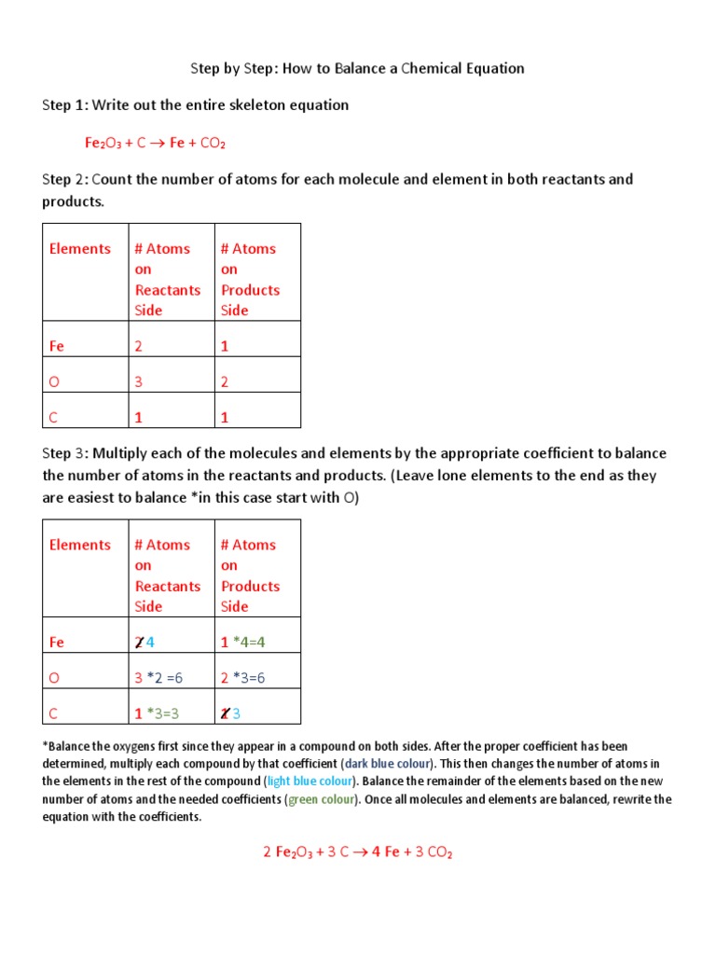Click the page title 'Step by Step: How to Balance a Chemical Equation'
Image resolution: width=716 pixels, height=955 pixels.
click(x=357, y=68)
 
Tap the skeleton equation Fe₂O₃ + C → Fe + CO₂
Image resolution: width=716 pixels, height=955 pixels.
click(x=156, y=143)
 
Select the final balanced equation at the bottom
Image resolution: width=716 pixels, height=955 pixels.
click(x=357, y=851)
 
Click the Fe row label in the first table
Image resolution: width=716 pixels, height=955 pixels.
click(x=57, y=346)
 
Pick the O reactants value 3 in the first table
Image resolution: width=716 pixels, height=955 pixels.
click(x=139, y=381)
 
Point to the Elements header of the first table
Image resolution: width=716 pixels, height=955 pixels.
click(x=80, y=249)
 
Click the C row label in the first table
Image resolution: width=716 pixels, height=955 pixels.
click(x=54, y=418)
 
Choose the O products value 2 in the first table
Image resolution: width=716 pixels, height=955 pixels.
click(x=225, y=381)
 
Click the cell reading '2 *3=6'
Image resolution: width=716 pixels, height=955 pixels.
click(x=242, y=678)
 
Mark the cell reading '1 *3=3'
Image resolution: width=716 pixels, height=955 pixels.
click(x=157, y=713)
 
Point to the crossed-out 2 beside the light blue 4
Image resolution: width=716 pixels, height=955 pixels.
click(x=139, y=643)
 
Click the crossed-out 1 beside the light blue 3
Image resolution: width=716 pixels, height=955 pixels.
click(x=225, y=713)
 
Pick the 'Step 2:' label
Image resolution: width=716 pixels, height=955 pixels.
click(x=64, y=179)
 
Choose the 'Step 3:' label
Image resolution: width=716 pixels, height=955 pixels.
click(x=64, y=453)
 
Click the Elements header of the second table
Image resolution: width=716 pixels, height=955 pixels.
click(x=80, y=546)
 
